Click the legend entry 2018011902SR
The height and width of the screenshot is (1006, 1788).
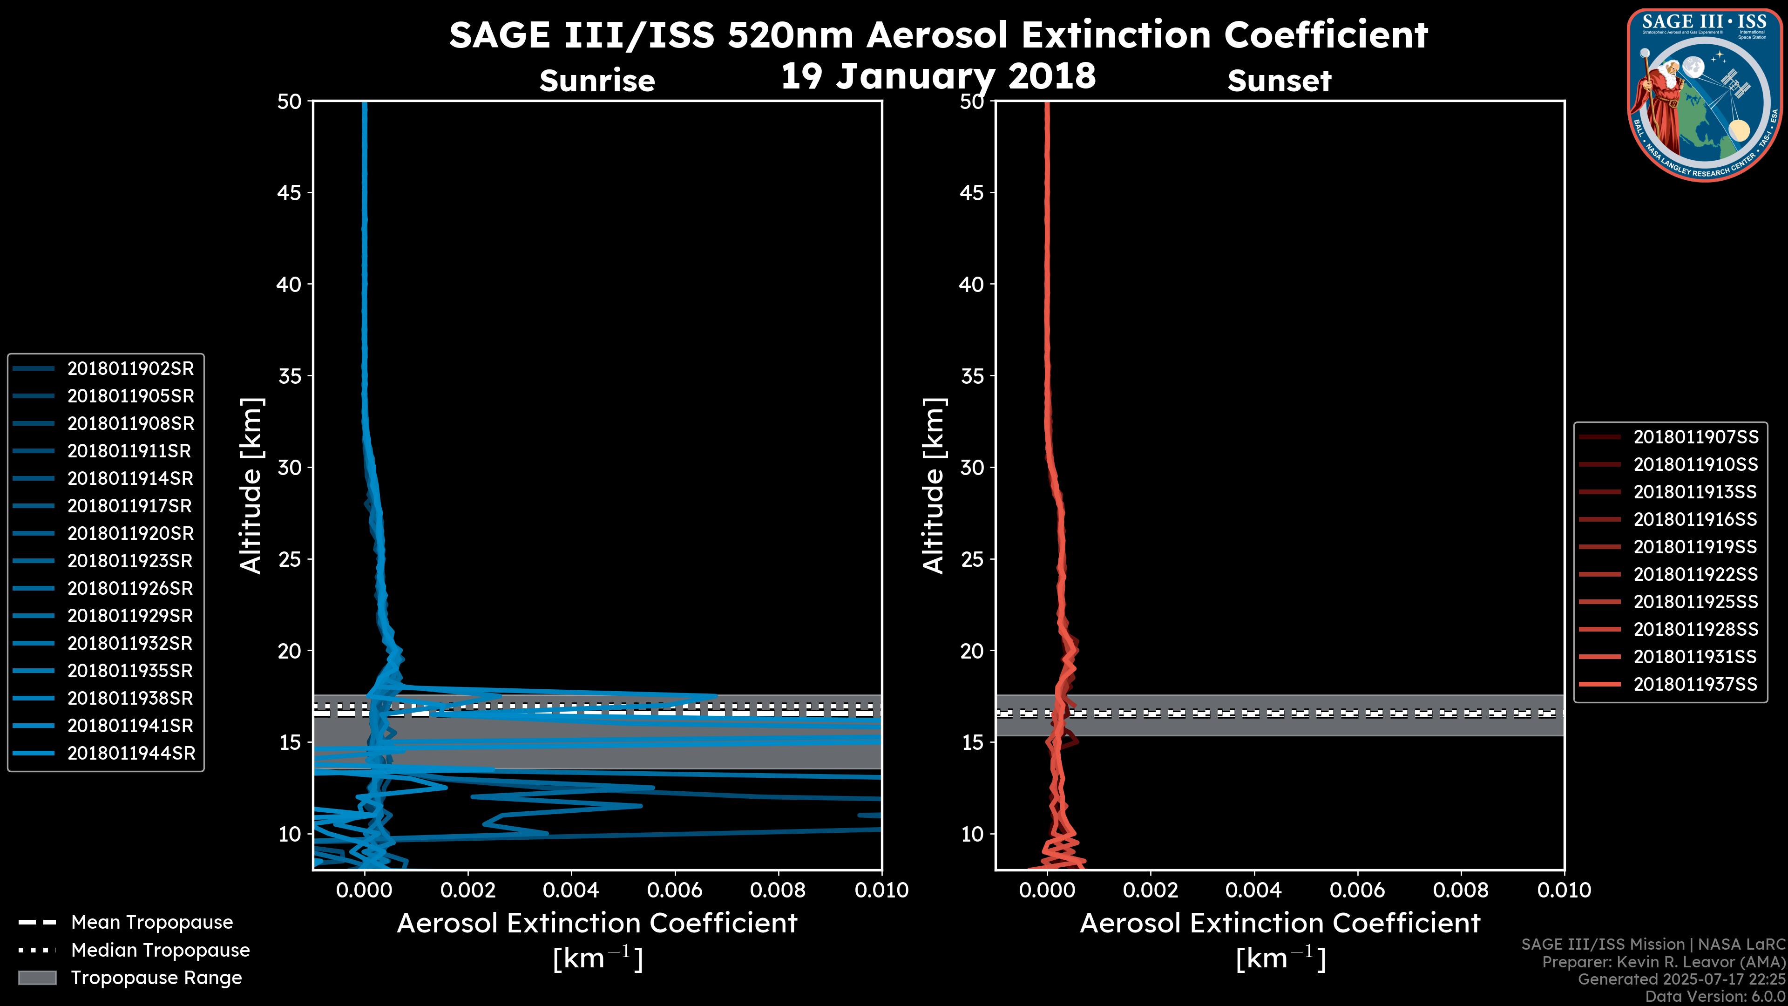tap(130, 369)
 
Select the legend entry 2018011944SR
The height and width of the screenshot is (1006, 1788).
tap(131, 753)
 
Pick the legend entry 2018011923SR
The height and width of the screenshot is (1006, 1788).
tap(130, 561)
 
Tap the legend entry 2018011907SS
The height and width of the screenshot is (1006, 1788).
tap(1696, 437)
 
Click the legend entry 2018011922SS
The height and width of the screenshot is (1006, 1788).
tap(1696, 574)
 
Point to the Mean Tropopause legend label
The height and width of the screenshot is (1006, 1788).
tap(152, 922)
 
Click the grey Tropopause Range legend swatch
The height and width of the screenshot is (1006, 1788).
tap(37, 978)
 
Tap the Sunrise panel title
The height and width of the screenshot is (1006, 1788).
tap(597, 81)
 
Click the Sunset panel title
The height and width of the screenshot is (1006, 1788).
tap(1279, 81)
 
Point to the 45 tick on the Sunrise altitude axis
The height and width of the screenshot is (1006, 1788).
tap(290, 192)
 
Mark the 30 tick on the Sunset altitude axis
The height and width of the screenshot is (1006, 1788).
tap(972, 467)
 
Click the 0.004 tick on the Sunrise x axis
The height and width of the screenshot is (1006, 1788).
tap(571, 890)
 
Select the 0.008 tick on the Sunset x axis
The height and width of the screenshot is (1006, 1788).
tap(1461, 890)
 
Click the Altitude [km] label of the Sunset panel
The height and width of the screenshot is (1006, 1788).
tap(934, 486)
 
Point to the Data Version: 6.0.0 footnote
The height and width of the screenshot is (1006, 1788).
tap(1714, 996)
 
